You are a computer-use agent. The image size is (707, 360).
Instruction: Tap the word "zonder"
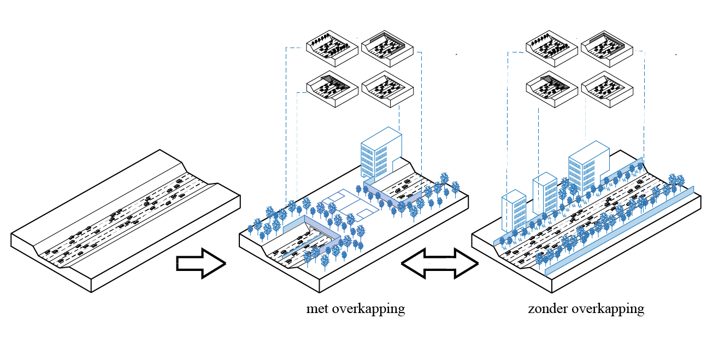tap(548, 309)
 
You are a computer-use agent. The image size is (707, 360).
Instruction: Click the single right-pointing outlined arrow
tap(201, 263)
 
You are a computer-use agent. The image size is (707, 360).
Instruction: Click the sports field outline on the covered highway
tap(350, 203)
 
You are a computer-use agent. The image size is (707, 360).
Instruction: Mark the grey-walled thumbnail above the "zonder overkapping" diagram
tap(607, 51)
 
